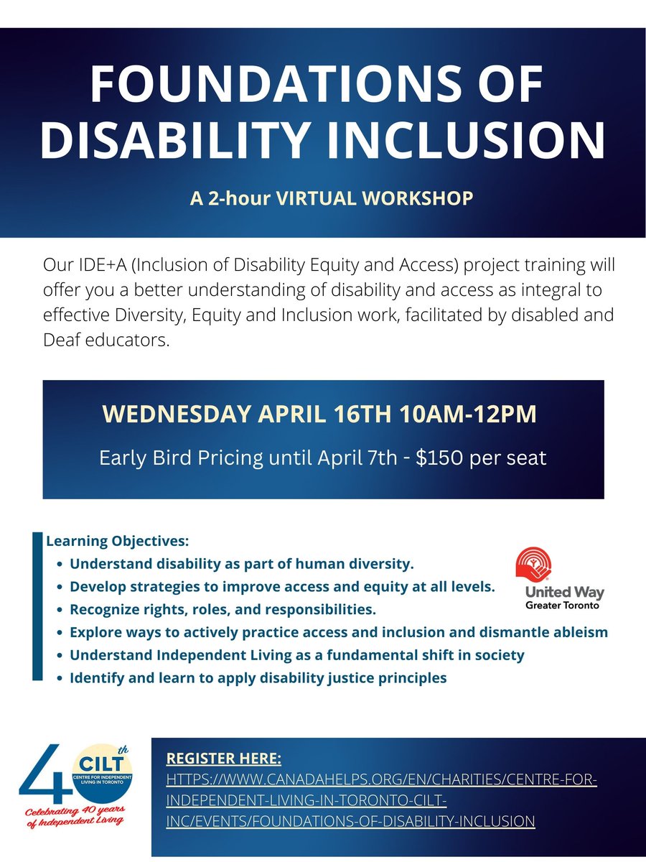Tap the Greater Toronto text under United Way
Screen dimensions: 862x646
pyautogui.click(x=561, y=605)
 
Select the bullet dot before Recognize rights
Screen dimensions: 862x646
pyautogui.click(x=59, y=610)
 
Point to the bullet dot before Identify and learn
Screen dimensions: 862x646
pyautogui.click(x=59, y=678)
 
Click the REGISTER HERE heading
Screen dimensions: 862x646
pyautogui.click(x=223, y=759)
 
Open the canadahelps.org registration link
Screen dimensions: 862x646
pyautogui.click(x=380, y=799)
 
